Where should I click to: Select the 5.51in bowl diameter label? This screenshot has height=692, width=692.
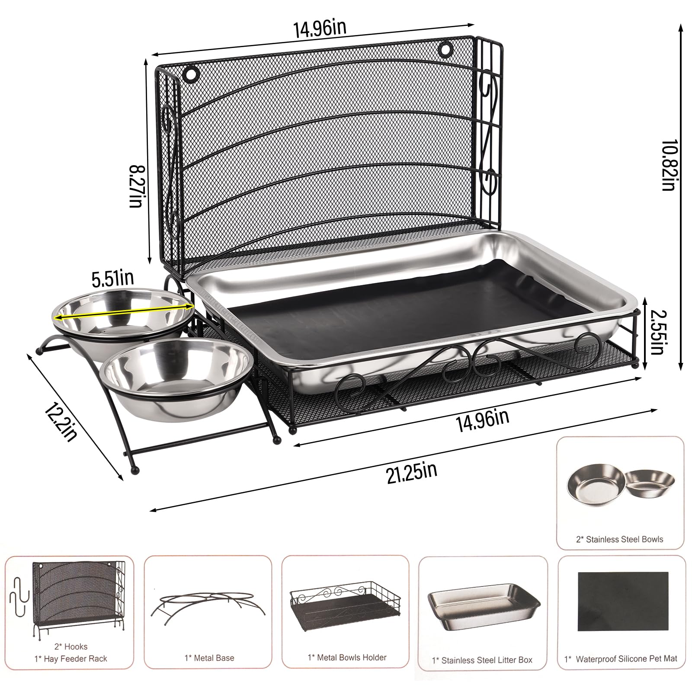[112, 279]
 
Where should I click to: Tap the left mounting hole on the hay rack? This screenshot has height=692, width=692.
[189, 74]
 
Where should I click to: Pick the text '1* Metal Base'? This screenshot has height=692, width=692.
[209, 658]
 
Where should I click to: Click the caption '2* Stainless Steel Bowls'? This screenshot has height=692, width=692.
[619, 539]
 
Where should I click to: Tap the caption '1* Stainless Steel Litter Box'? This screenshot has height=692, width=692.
[482, 660]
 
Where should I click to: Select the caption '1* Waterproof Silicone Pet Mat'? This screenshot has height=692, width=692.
[621, 659]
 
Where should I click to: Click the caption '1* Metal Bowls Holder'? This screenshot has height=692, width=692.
[347, 657]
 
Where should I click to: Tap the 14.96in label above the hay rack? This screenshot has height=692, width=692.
[320, 28]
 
